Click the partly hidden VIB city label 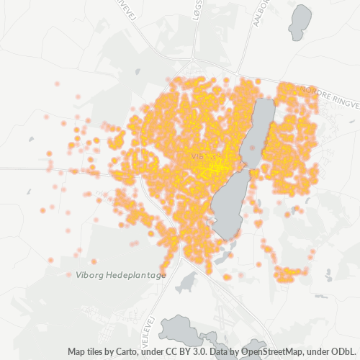tap(198, 156)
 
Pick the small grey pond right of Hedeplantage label tap(189, 279)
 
